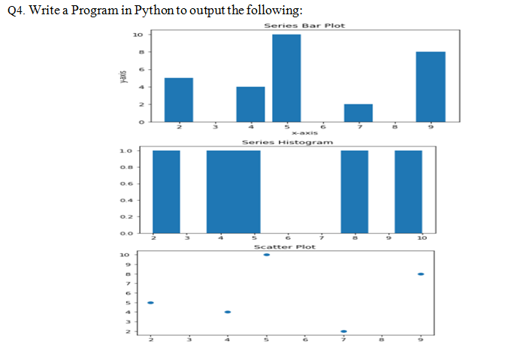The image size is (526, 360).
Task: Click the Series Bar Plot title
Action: tap(304, 26)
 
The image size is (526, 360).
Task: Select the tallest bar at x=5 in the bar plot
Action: tap(286, 77)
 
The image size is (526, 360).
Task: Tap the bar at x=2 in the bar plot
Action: tap(178, 99)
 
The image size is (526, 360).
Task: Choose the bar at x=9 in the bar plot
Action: tap(431, 86)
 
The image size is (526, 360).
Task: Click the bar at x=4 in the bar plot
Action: tap(250, 104)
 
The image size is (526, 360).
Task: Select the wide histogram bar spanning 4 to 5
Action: tap(234, 192)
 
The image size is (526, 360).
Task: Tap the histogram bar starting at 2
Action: tap(166, 192)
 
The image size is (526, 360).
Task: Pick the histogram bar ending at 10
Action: tap(408, 192)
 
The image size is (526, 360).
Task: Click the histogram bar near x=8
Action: tap(354, 192)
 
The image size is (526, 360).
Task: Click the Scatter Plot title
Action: tap(284, 247)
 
